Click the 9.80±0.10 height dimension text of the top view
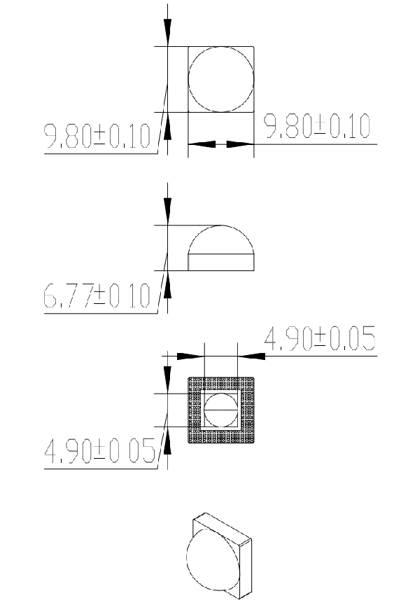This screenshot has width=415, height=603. tap(97, 136)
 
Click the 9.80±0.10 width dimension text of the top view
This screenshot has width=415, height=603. tap(316, 126)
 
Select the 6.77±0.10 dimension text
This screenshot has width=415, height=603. tap(97, 296)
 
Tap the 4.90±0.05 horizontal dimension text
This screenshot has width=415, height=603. tap(320, 338)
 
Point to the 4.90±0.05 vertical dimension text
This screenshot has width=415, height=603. tap(99, 450)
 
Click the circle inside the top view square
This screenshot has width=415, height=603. tap(188, 79)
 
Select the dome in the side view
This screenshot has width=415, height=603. tap(221, 226)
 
